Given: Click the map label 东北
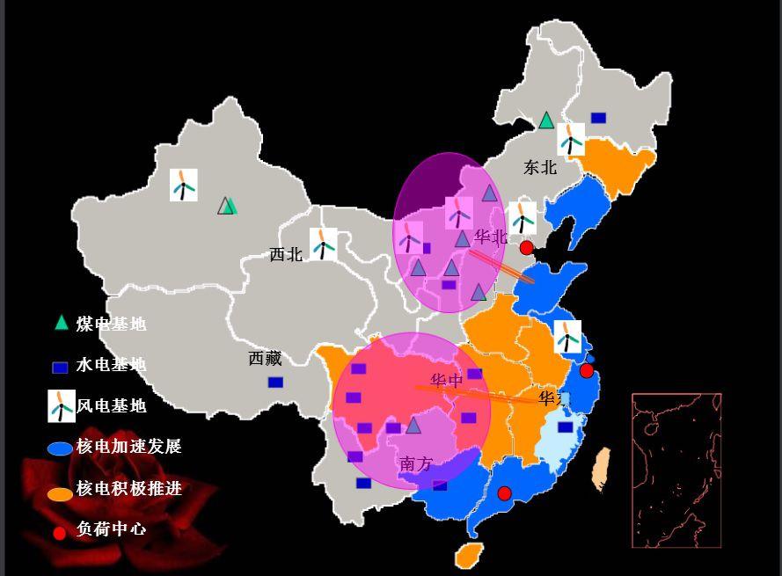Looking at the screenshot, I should tap(540, 167).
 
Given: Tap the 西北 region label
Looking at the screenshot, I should tap(286, 255).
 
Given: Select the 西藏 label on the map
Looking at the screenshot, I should tap(265, 359).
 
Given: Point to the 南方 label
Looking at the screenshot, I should tap(416, 464).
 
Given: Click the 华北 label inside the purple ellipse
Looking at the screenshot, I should tap(491, 237).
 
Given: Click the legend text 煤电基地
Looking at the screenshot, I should tap(111, 324).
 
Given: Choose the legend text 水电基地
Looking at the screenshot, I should tap(111, 365).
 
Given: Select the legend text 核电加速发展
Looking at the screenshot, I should tap(128, 447).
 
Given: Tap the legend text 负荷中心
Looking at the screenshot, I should tap(111, 529).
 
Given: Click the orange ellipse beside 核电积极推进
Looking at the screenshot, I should tap(60, 494).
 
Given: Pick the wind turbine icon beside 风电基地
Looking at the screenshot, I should tap(61, 406).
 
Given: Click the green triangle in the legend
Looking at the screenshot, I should tap(61, 323).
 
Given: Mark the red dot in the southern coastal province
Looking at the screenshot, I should tap(504, 493).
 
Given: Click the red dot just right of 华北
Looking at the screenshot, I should tap(526, 248).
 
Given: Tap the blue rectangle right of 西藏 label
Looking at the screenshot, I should tap(275, 383).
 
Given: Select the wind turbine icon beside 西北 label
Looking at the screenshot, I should tap(324, 244).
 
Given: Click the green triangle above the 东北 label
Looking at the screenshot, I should tap(546, 120).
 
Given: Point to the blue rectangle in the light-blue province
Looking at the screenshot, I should tap(565, 427).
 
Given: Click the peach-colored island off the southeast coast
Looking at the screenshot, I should tap(602, 468).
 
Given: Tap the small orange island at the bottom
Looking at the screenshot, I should tap(469, 554).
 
